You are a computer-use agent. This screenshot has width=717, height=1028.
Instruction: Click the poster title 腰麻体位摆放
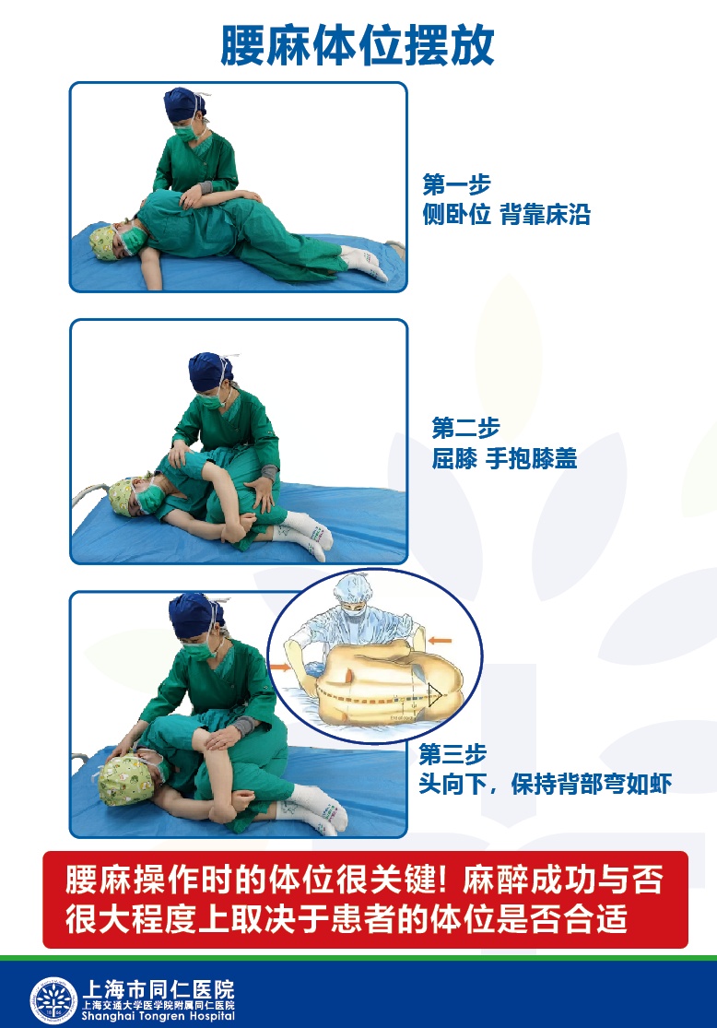point(358,45)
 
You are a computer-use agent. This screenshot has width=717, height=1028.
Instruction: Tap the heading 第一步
point(456,185)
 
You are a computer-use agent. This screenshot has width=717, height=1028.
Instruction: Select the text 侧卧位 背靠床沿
point(506,215)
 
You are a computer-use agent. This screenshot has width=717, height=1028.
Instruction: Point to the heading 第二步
point(465,428)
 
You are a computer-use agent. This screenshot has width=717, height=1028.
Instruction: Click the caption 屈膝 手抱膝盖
point(504,458)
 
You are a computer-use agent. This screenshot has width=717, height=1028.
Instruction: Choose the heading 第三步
point(453,754)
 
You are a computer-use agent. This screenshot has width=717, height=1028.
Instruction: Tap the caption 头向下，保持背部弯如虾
point(546,784)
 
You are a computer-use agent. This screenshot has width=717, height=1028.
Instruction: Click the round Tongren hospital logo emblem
point(53,999)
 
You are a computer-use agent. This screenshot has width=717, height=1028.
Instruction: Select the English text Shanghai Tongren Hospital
point(158,1016)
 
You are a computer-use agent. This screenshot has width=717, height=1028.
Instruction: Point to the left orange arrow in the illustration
point(280,668)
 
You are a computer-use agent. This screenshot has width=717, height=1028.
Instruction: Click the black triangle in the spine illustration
point(433,695)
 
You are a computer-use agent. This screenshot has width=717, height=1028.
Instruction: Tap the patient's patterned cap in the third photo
point(125,779)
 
